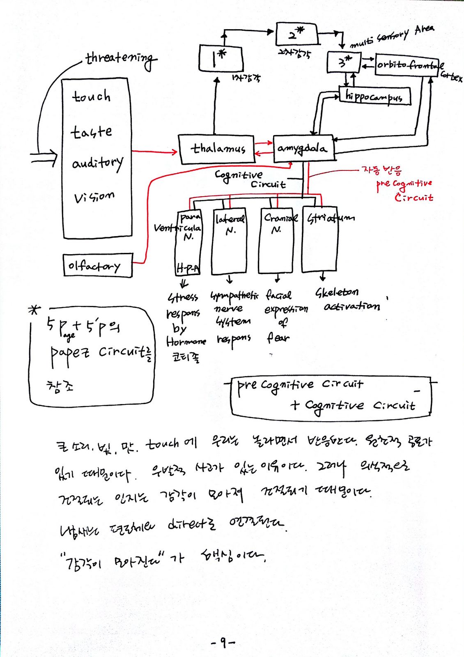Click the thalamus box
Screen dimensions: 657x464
click(216, 149)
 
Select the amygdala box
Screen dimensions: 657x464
click(303, 148)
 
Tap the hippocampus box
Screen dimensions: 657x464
click(374, 96)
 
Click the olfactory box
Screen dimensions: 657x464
click(97, 266)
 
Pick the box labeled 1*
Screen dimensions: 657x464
click(221, 59)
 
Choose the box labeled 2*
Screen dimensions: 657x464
click(296, 34)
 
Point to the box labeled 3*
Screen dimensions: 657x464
click(344, 62)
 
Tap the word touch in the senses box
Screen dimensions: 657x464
click(91, 96)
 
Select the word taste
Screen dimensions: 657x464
click(91, 132)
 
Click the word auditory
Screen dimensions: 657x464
click(97, 163)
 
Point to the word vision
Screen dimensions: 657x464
click(94, 197)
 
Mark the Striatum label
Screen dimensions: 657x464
click(331, 218)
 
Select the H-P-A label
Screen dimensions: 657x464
click(188, 269)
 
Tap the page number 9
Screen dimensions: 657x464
click(223, 642)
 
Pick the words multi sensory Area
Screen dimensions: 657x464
click(391, 36)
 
